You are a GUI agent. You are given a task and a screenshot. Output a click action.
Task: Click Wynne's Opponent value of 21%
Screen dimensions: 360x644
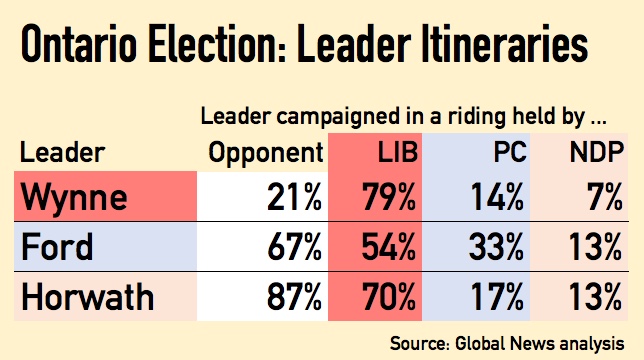291,198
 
